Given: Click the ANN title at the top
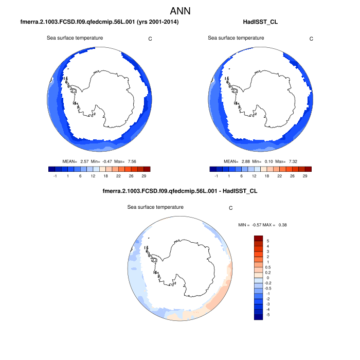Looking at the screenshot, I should point(180,10).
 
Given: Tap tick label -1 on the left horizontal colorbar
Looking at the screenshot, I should point(55,176).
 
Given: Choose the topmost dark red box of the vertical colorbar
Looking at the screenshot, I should point(259,238).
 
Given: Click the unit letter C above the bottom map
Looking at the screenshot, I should point(231,208).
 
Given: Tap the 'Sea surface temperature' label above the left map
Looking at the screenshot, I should point(75,38).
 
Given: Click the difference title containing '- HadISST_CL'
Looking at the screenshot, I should point(180,191).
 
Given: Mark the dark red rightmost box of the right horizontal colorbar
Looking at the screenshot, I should point(308,169).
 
